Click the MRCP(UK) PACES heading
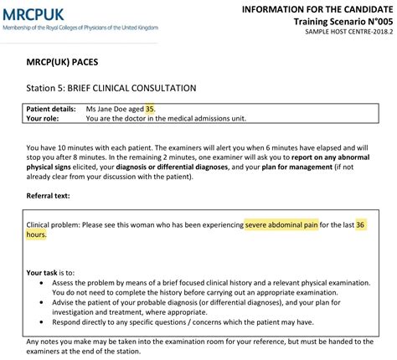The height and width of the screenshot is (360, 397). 63,64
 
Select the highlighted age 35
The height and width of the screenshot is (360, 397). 150,109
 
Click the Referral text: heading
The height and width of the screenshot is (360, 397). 54,196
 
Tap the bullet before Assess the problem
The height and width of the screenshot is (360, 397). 43,284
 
